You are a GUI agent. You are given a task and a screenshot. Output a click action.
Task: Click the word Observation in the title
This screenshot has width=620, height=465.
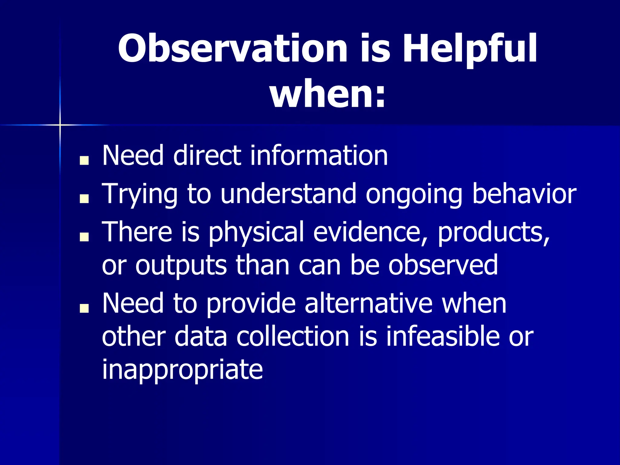tap(232, 48)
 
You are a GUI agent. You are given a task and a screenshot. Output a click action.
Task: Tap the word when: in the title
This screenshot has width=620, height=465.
tap(328, 94)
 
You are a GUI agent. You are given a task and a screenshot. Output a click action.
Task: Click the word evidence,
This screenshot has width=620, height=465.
tap(371, 232)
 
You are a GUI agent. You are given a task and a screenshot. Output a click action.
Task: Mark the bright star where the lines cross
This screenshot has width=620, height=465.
tap(60, 124)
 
